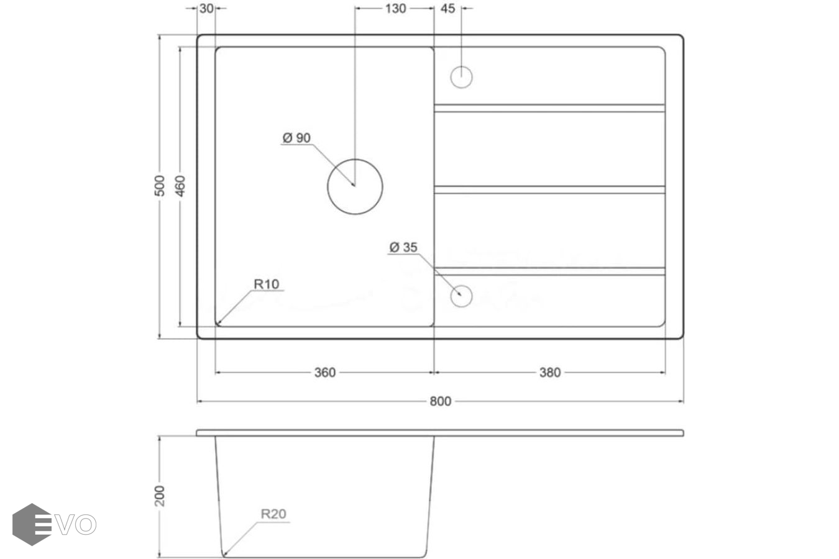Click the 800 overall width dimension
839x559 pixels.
[440, 401]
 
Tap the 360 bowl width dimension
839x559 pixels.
[325, 373]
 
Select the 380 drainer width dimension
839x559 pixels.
[550, 373]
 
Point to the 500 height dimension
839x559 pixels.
[160, 186]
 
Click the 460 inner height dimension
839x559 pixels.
[180, 186]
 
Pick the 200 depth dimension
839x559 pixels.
[160, 496]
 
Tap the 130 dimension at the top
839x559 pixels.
[395, 8]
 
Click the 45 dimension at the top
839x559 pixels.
[447, 8]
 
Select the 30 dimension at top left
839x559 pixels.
[206, 8]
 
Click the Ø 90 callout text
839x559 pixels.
[296, 138]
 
